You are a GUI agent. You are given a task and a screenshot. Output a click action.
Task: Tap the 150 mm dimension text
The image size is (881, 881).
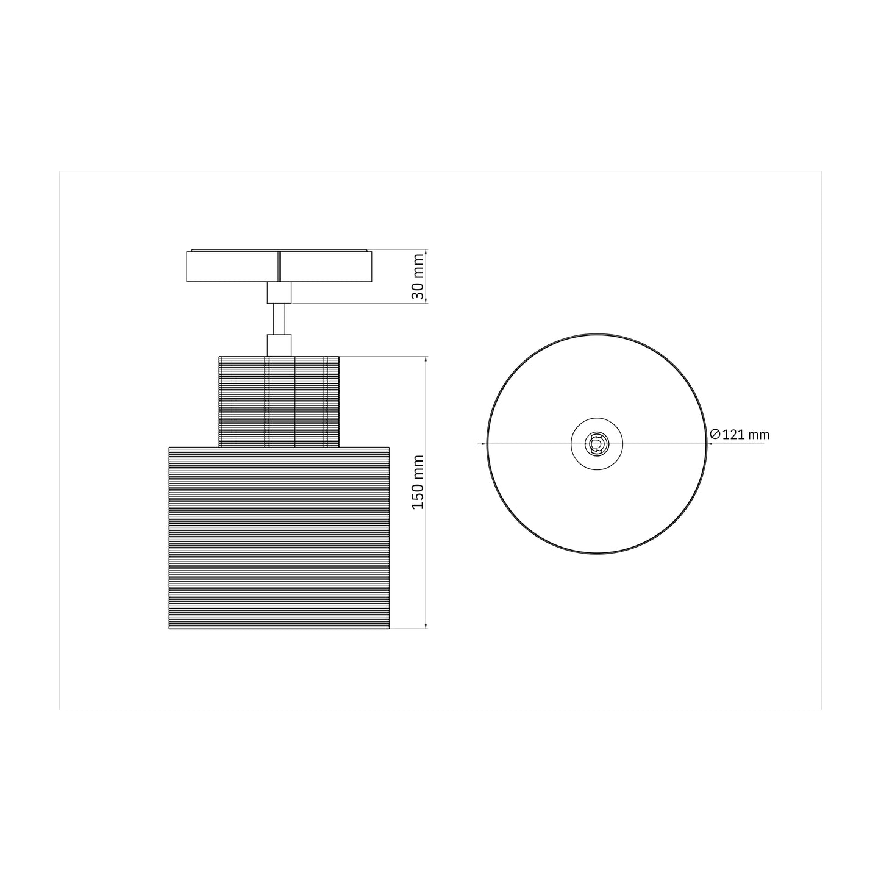pos(418,482)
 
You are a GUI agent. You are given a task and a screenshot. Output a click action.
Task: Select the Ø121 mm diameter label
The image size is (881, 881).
pos(740,435)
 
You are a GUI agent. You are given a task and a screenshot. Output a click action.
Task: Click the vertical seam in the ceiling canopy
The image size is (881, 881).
pos(279,266)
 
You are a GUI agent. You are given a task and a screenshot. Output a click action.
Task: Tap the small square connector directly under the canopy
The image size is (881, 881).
pos(279,293)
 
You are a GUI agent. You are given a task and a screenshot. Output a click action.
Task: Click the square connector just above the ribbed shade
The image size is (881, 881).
pos(279,344)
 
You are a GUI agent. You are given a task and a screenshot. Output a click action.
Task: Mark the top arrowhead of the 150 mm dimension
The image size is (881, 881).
pos(426,360)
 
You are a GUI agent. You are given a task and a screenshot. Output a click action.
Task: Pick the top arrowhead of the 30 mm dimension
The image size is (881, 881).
pos(426,252)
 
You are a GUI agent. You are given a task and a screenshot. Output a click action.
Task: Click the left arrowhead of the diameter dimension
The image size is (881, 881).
pos(484,444)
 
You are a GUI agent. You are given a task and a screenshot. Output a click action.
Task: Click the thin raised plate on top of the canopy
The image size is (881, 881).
pos(279,250)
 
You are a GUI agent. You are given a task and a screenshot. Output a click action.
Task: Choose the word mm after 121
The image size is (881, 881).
pos(759,435)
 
